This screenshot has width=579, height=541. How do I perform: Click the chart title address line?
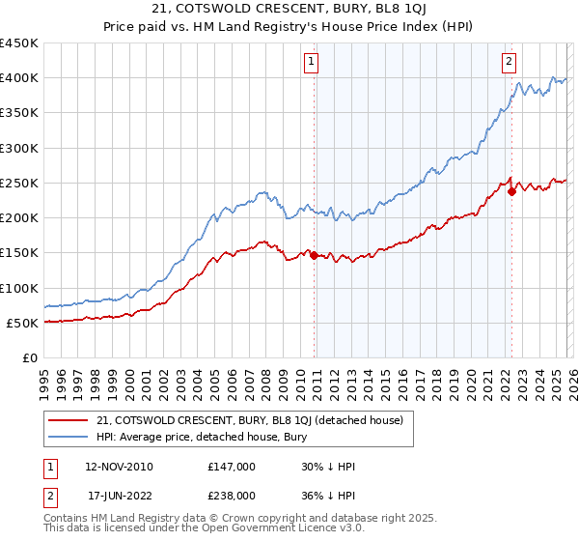pos(289,11)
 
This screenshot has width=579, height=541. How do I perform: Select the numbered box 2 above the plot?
pos(509,62)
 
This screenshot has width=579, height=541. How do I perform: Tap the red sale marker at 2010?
pos(315,255)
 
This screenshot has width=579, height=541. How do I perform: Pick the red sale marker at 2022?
pos(511,191)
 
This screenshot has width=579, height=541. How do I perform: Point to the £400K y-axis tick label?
pos(19,78)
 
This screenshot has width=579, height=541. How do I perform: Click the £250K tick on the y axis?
pos(19,183)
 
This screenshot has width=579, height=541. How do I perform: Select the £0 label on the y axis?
pos(29,357)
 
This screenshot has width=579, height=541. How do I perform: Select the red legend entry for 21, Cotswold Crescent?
pos(256,420)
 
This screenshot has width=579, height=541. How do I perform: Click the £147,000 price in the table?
pos(232,467)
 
